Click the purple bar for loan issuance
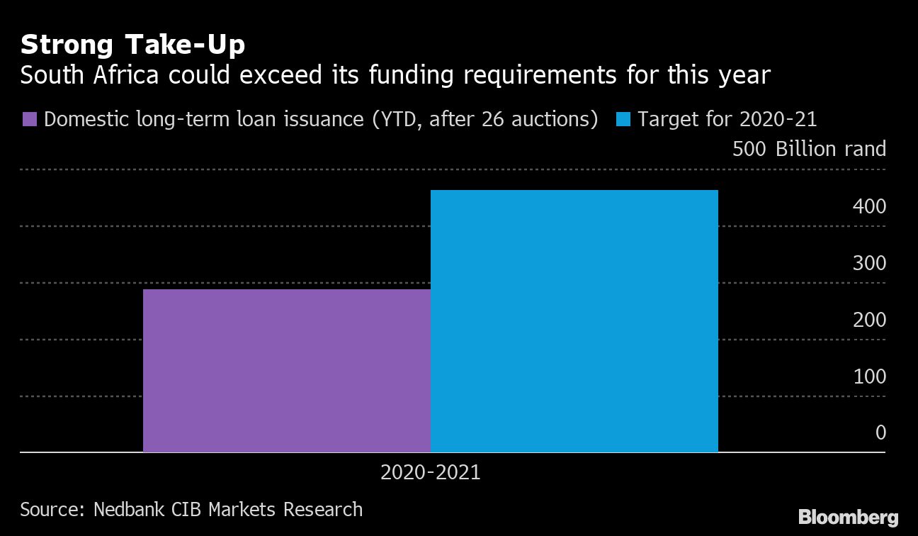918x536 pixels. click(286, 370)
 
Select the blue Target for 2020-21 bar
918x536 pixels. click(574, 320)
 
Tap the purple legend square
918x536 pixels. click(30, 118)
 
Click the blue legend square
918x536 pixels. click(623, 118)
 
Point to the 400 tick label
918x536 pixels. click(870, 206)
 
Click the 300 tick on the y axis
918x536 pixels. click(870, 263)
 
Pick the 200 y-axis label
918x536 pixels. click(870, 320)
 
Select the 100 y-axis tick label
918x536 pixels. click(870, 376)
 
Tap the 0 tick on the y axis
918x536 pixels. click(880, 432)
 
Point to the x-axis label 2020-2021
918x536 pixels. click(430, 472)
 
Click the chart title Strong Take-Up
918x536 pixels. click(132, 45)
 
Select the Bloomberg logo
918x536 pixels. click(848, 517)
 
